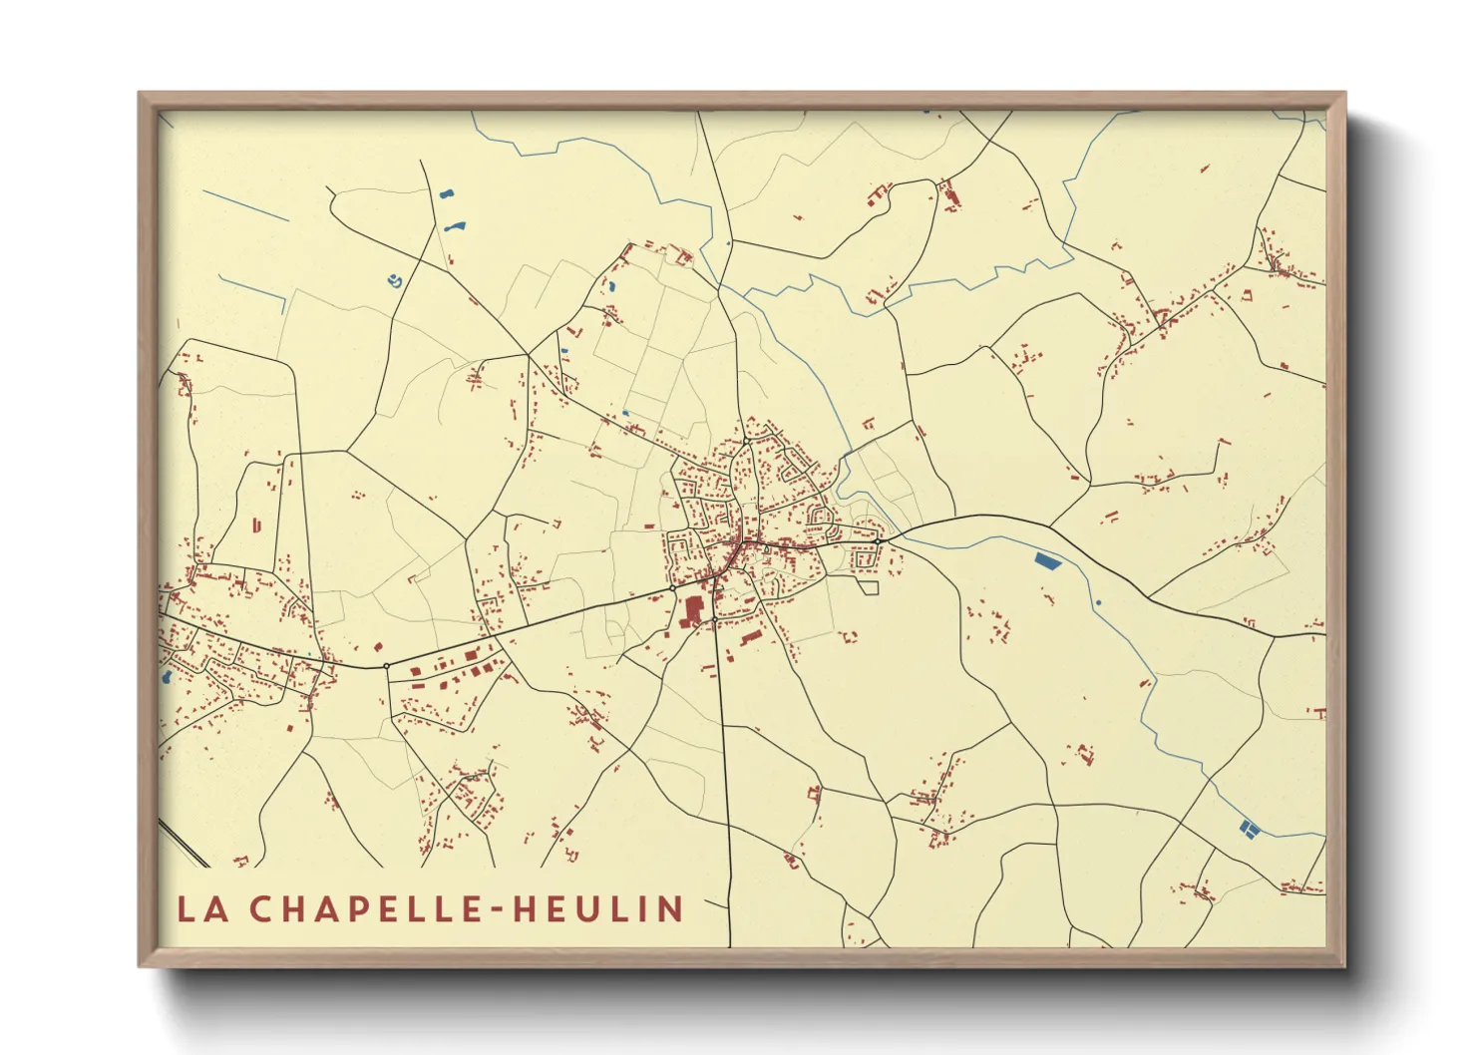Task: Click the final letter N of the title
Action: [670, 908]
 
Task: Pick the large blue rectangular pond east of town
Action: [1048, 561]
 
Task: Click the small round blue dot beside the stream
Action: [1098, 602]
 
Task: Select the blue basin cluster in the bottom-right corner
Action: [1246, 827]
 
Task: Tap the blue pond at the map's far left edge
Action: [166, 677]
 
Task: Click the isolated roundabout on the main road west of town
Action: [386, 665]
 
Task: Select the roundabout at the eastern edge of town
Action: [878, 540]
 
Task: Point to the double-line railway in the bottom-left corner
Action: [184, 843]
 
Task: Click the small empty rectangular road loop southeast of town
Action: [868, 586]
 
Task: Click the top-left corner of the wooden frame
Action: [141, 95]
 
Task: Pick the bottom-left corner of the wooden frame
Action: [141, 964]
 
